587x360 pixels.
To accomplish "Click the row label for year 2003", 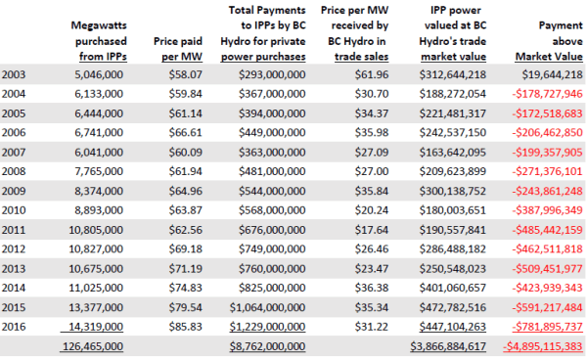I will coord(16,74).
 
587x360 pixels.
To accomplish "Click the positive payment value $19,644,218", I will coord(547,74).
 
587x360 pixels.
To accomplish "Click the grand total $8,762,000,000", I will coord(265,347).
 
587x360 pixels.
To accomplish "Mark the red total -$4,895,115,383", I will coord(540,347).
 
